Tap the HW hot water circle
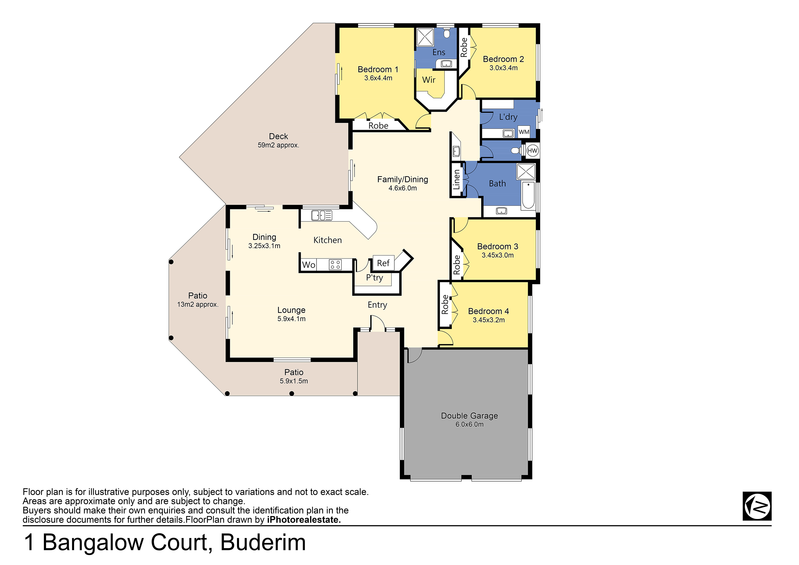(x=532, y=151)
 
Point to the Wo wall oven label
(x=309, y=265)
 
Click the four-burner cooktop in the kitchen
(x=335, y=265)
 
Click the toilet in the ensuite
(x=447, y=33)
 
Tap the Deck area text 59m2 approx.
(x=278, y=145)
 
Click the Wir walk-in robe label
(x=429, y=80)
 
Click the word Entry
(x=377, y=305)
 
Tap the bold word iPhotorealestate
(x=304, y=520)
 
